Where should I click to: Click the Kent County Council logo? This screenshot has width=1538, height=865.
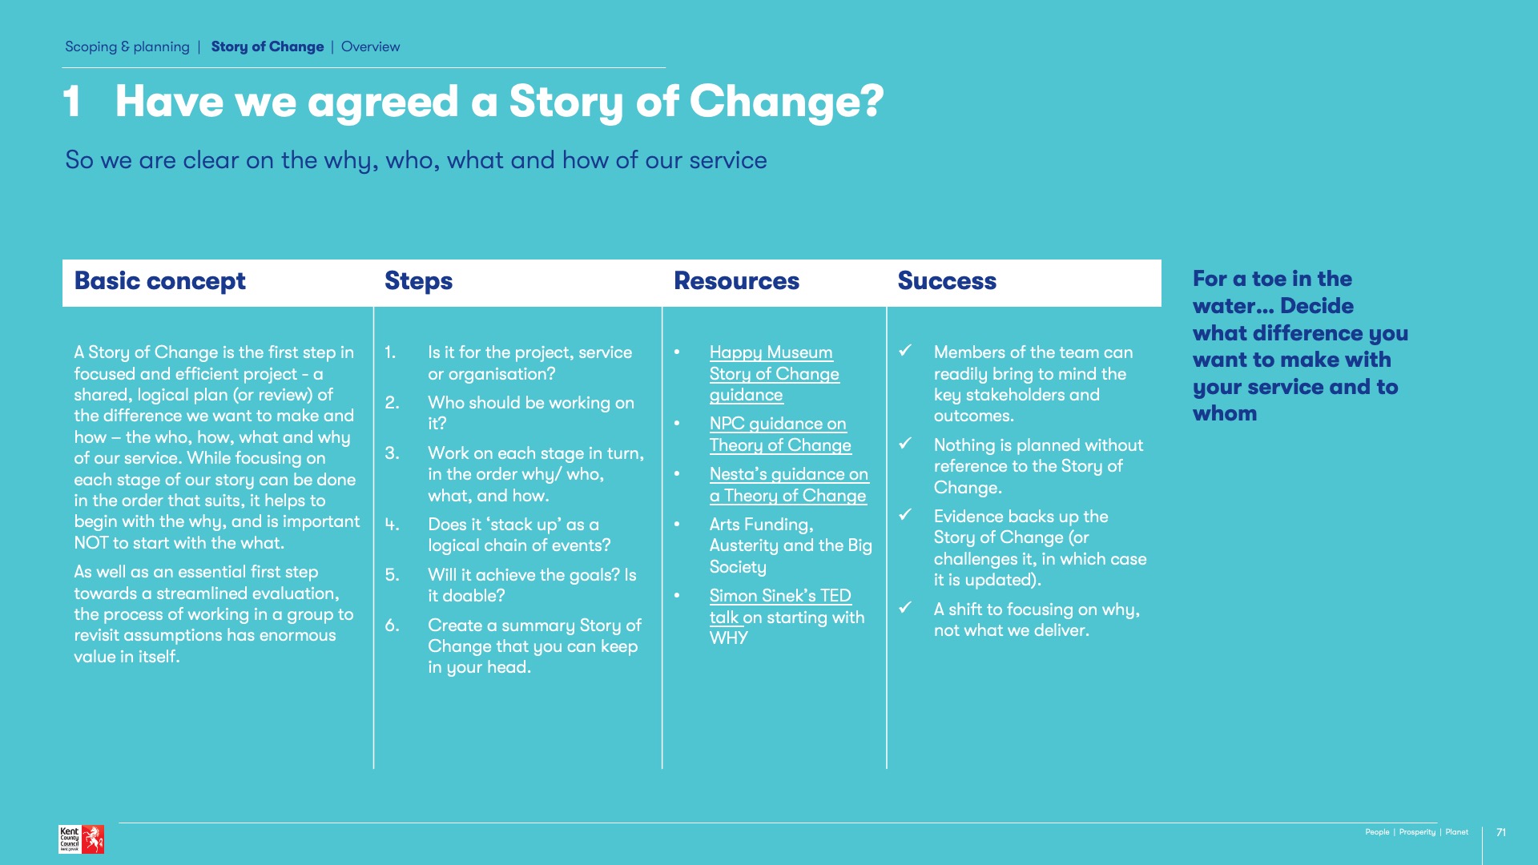click(x=81, y=839)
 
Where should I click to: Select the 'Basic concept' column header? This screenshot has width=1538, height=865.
click(x=159, y=281)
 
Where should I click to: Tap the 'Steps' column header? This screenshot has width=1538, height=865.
click(x=418, y=281)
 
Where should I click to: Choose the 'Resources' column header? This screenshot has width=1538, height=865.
click(x=736, y=281)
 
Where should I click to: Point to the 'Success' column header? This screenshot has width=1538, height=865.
click(x=947, y=281)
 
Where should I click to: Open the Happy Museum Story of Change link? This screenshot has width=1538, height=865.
click(x=774, y=373)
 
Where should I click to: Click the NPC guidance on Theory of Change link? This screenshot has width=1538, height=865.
click(x=780, y=434)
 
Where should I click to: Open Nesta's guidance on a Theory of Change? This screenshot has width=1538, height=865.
click(x=789, y=485)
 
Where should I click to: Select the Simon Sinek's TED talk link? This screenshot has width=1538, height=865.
click(x=779, y=606)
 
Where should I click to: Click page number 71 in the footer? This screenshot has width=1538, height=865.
click(x=1501, y=832)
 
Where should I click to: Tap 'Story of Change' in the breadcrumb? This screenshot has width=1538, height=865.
click(x=268, y=46)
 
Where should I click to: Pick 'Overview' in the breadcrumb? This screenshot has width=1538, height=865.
click(x=370, y=46)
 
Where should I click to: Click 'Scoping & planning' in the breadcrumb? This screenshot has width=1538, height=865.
click(x=127, y=46)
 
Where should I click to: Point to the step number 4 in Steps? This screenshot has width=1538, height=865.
click(x=392, y=525)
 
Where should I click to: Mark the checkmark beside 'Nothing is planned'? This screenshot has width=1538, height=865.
click(x=905, y=443)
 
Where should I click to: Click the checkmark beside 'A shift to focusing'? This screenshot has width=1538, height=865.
click(x=905, y=607)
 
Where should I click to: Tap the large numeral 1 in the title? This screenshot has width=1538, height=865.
click(x=72, y=102)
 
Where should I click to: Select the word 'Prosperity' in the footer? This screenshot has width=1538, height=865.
click(x=1417, y=832)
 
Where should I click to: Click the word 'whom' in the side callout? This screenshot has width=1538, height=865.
click(x=1225, y=413)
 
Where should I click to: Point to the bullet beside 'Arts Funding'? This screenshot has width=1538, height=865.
click(x=677, y=524)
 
